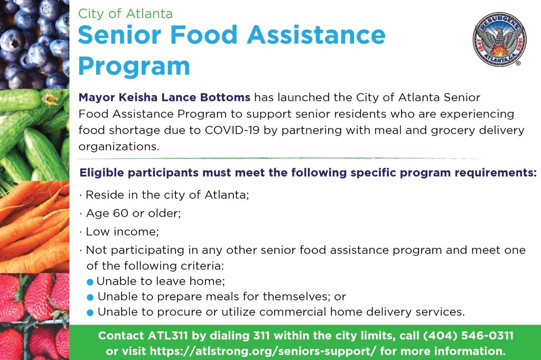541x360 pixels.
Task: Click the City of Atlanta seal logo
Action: click(x=499, y=39)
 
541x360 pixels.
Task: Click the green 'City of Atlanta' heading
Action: click(x=125, y=13)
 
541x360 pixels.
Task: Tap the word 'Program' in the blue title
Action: click(x=134, y=66)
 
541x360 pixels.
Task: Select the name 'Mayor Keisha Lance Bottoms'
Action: click(x=164, y=98)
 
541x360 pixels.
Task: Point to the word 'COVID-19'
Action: click(x=232, y=130)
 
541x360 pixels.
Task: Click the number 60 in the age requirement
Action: click(x=120, y=213)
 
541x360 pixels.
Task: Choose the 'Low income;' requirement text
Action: click(x=122, y=231)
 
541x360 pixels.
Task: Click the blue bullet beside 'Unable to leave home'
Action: click(x=90, y=282)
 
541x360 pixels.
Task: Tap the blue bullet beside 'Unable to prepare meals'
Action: click(x=90, y=297)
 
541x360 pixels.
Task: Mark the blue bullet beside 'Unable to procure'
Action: click(x=90, y=312)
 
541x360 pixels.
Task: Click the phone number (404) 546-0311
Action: click(x=468, y=336)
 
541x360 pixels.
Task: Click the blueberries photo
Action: click(x=34, y=44)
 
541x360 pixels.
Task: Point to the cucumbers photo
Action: click(x=34, y=135)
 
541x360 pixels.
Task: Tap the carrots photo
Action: click(x=34, y=227)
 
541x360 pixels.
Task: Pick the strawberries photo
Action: click(x=34, y=317)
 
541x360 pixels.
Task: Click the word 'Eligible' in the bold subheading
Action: click(x=102, y=173)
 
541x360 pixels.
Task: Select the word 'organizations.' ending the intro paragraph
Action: click(x=119, y=147)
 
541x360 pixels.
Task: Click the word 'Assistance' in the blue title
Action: click(x=316, y=35)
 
